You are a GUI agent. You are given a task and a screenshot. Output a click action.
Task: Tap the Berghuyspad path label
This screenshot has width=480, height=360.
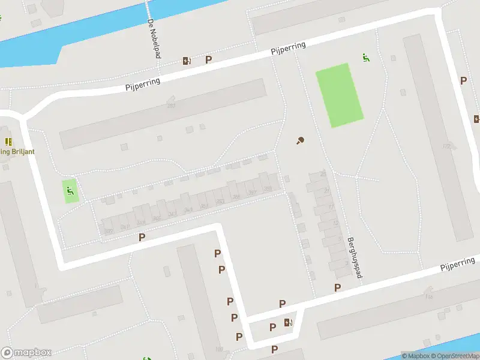coord(354,257)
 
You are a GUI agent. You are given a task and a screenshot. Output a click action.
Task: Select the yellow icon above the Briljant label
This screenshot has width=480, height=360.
coord(8,142)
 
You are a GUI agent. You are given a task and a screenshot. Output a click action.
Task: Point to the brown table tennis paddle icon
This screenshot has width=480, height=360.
coord(299,141)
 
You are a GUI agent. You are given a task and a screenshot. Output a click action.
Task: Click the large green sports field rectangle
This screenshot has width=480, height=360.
coord(340,95)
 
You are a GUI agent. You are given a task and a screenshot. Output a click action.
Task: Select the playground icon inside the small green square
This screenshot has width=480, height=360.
coord(70,191)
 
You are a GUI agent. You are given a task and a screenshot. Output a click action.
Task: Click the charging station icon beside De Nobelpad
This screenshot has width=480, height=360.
coord(187,60)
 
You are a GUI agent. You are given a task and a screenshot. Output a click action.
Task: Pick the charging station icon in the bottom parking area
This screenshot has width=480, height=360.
coord(289,322)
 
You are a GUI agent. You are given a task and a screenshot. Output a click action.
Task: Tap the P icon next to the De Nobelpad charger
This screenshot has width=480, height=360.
coord(209,59)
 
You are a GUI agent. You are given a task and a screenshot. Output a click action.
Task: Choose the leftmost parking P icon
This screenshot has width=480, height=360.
coord(142,237)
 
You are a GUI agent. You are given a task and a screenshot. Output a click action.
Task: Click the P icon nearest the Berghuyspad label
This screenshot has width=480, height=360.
coord(337,287)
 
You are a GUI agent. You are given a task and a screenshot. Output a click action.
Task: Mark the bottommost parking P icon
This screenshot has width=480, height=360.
coord(275,349)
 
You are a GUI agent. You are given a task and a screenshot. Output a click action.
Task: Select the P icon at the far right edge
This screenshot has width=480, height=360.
coord(463,80)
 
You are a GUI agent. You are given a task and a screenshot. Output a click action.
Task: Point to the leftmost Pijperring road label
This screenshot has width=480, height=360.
coord(143,84)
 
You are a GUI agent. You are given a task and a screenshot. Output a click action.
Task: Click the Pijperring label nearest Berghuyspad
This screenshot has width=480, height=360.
coord(457,263)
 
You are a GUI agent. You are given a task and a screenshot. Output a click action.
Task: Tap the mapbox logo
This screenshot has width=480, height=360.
coord(26,353)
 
